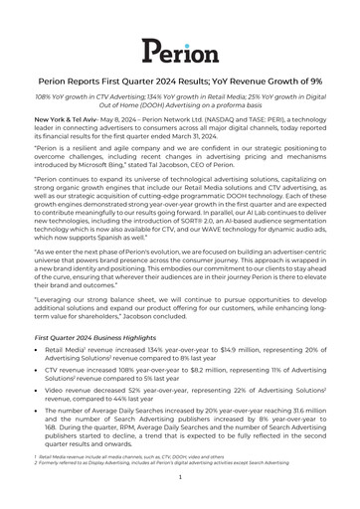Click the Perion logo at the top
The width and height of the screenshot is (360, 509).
pos(179,50)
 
